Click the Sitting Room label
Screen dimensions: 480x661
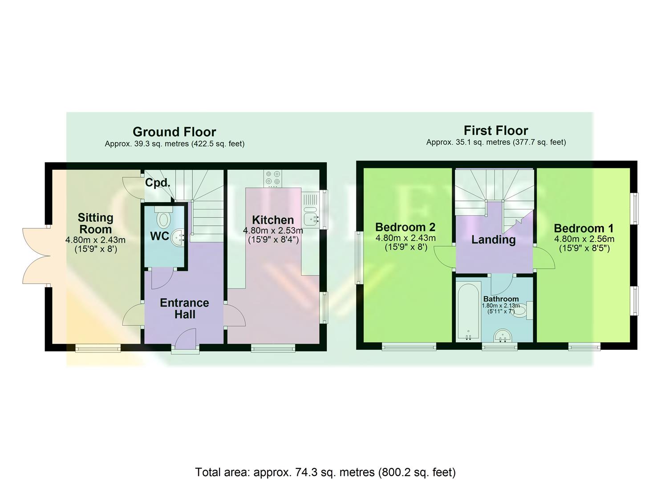(95, 223)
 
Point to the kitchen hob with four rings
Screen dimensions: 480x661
(273, 177)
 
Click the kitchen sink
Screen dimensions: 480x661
(310, 217)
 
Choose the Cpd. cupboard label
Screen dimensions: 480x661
(158, 183)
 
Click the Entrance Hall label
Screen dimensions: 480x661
(184, 308)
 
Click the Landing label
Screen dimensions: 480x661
(493, 240)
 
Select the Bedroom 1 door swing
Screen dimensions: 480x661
(544, 258)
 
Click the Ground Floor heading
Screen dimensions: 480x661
(174, 132)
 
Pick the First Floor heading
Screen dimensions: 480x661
(496, 131)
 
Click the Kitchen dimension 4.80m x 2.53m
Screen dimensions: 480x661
(273, 231)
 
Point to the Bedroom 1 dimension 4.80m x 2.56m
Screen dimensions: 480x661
(584, 239)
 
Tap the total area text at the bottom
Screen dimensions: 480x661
(325, 472)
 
